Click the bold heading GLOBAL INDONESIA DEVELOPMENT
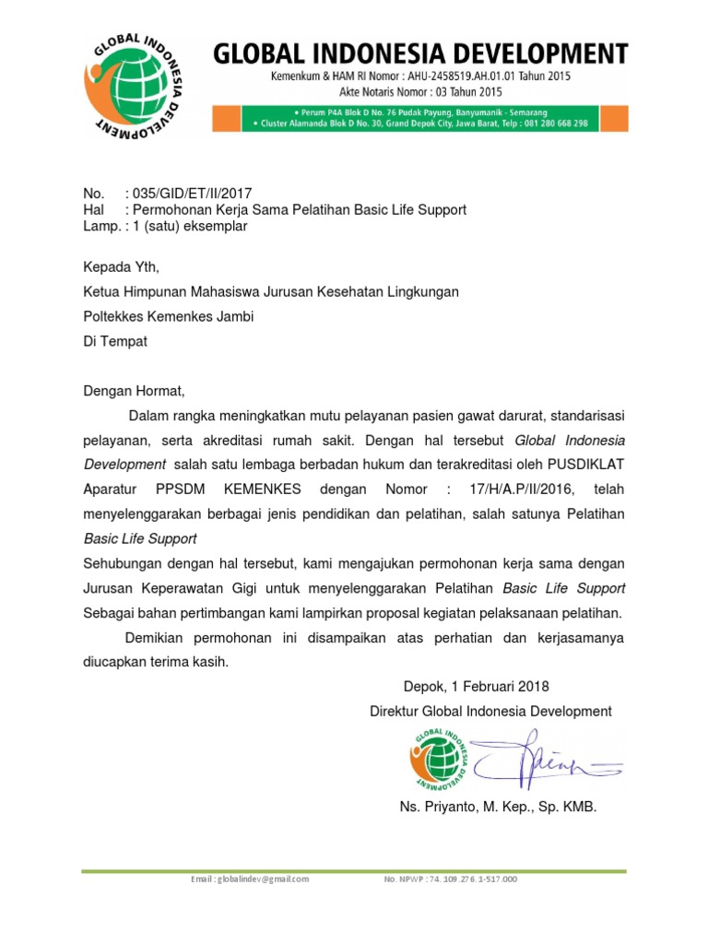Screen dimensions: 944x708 (421, 53)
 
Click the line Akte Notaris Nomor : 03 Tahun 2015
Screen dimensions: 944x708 (420, 92)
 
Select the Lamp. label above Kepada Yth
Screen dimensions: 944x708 (100, 226)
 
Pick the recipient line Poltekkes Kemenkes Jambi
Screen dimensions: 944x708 (169, 316)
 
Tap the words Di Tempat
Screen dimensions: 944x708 (115, 340)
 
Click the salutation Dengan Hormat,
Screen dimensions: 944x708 (135, 390)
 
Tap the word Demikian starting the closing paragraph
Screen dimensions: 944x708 (159, 637)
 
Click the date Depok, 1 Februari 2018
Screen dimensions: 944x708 (476, 686)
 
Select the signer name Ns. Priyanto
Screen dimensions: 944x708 (433, 807)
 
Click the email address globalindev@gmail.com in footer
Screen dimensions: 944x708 (249, 879)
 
